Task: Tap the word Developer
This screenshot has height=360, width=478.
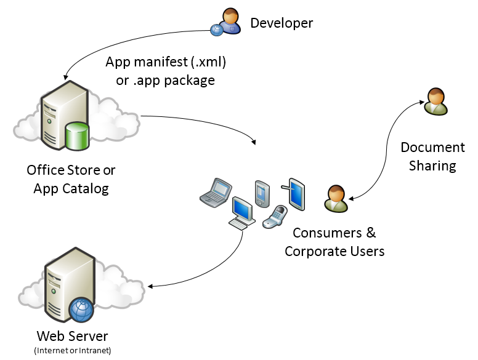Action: pyautogui.click(x=282, y=23)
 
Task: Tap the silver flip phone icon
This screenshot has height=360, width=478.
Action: pyautogui.click(x=273, y=216)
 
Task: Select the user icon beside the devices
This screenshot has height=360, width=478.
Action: pyautogui.click(x=336, y=199)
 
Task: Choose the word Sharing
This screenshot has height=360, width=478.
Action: pyautogui.click(x=432, y=166)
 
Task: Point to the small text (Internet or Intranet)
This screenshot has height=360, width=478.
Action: pyautogui.click(x=73, y=351)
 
